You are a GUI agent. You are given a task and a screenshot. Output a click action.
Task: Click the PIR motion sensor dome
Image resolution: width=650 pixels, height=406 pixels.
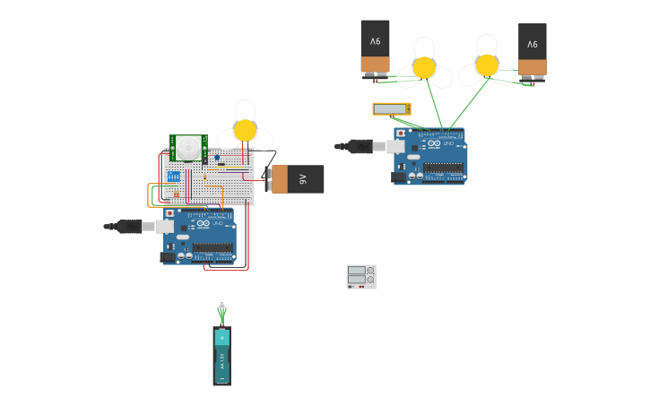click(x=188, y=147)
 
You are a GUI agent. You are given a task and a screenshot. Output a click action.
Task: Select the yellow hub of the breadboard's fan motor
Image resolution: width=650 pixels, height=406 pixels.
click(x=245, y=131)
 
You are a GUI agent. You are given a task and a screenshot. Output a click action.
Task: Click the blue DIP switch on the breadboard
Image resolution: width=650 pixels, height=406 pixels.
click(x=173, y=177)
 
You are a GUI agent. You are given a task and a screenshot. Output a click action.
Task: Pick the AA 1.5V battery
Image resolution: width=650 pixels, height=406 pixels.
click(x=221, y=356)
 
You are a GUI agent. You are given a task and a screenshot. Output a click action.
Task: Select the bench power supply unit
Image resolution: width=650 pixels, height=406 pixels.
click(x=361, y=276)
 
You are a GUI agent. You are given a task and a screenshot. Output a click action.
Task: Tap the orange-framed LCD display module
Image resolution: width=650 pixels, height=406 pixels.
click(x=392, y=109)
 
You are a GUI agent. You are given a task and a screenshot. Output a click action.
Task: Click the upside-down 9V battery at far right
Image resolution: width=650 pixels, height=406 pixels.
click(x=533, y=50)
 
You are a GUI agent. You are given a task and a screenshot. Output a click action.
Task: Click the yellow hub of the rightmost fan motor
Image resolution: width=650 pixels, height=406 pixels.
click(x=487, y=65)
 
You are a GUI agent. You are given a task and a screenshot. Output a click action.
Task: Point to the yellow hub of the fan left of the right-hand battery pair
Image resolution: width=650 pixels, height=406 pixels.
click(x=424, y=68)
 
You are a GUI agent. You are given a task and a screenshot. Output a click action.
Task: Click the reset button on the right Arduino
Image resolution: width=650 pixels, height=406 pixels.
click(x=400, y=134)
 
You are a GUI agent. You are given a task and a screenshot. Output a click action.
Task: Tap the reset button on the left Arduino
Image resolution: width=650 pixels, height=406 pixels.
click(x=169, y=213)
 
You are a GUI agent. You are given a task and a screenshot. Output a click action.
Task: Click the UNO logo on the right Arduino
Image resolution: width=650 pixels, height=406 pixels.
click(x=449, y=143)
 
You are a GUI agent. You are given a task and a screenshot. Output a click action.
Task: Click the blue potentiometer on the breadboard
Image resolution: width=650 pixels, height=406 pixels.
click(x=216, y=158)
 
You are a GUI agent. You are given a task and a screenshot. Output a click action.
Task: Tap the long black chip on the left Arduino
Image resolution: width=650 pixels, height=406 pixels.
click(x=212, y=247)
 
